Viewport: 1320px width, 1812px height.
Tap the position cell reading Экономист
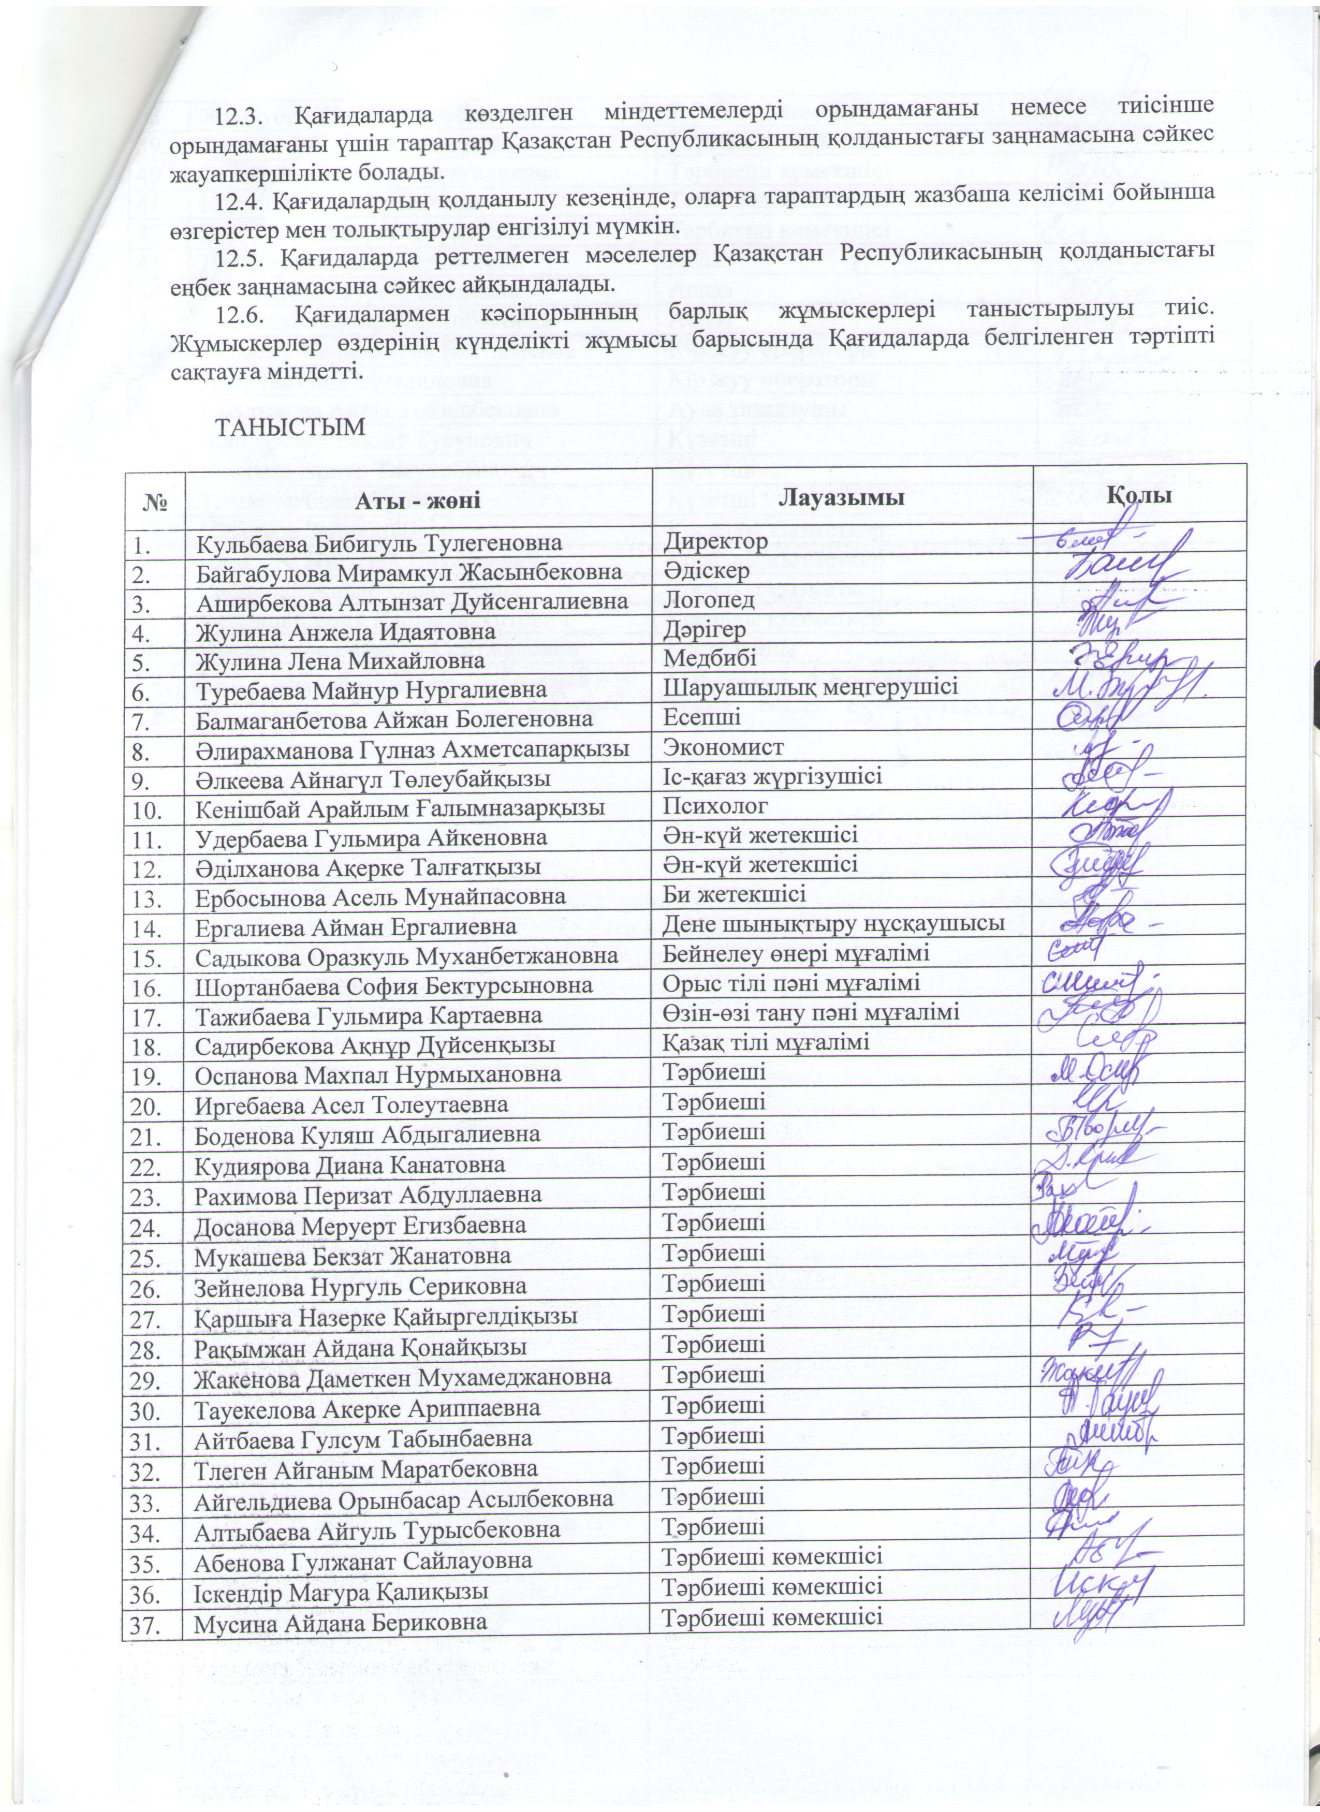(x=724, y=746)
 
